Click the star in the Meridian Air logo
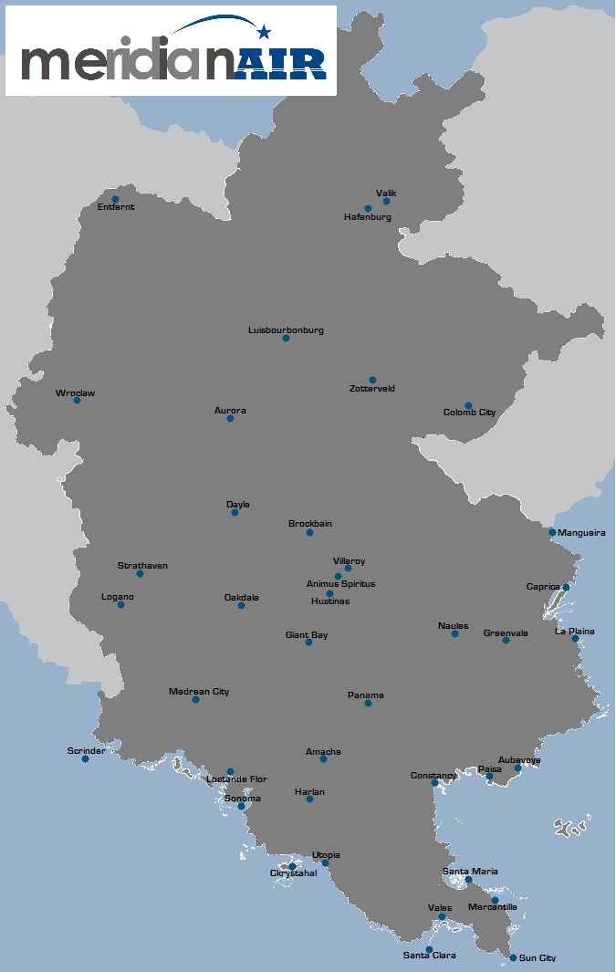(265, 33)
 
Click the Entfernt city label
(116, 207)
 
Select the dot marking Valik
(386, 201)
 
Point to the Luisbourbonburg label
(286, 329)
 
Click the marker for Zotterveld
(372, 380)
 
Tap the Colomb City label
(469, 413)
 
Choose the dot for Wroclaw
(77, 400)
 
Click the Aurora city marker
(230, 418)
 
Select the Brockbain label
(310, 524)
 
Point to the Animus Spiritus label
(340, 584)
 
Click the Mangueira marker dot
(552, 532)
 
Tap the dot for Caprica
(566, 587)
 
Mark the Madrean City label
(199, 692)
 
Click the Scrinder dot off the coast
(85, 758)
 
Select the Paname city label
(366, 695)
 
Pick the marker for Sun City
(513, 957)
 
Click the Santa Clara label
(429, 956)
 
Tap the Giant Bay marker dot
(308, 642)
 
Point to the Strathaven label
(142, 566)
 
